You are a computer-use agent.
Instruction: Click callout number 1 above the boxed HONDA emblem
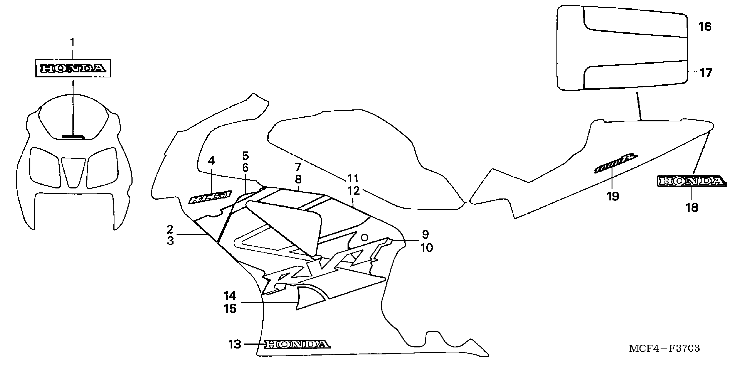coord(72,42)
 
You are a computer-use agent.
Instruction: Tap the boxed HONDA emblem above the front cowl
coord(73,68)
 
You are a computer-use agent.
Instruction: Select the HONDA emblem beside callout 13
coord(297,344)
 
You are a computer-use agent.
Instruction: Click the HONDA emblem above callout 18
coord(691,181)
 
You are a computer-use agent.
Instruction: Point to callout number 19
coord(613,197)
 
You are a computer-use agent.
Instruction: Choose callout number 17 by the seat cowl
coord(705,73)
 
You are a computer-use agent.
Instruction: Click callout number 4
coord(211,160)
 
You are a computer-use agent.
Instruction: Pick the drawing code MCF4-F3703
coord(664,348)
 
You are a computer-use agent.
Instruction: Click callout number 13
coord(234,344)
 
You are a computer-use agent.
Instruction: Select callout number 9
coord(425,235)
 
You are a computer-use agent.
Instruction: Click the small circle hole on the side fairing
coord(364,238)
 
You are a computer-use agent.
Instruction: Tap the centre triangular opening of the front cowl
coord(73,171)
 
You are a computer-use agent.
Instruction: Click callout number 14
coord(230,296)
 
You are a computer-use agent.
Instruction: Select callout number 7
coord(298,167)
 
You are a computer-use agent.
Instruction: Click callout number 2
coord(170,229)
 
